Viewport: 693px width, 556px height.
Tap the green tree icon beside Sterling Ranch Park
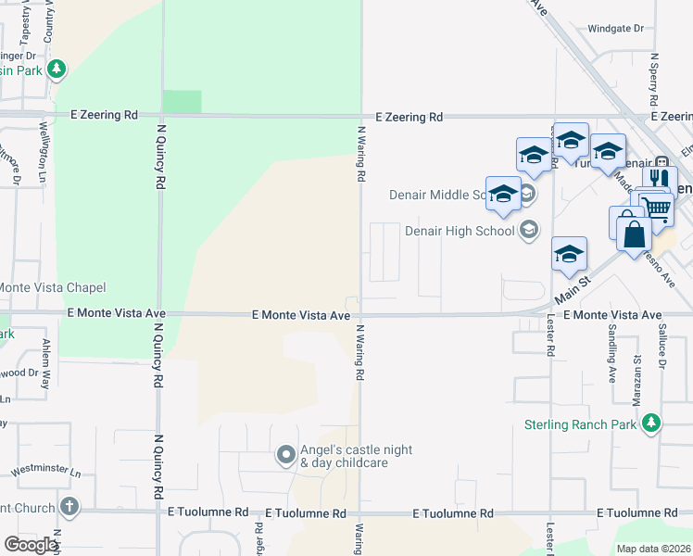pos(651,423)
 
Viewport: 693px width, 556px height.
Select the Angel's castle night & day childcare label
pos(344,456)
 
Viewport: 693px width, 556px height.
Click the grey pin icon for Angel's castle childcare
pos(286,455)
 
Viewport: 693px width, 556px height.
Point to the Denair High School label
pos(459,231)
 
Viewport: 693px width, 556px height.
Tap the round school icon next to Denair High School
pos(528,230)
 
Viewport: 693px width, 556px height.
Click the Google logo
pos(31,545)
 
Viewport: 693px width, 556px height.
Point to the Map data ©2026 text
pos(653,549)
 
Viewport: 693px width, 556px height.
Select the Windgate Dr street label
pos(615,29)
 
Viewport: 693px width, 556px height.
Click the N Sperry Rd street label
pos(653,79)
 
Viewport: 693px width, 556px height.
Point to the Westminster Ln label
pos(46,473)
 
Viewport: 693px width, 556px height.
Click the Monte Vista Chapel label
pos(53,288)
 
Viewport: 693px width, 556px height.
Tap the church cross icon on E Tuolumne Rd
pos(69,507)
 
